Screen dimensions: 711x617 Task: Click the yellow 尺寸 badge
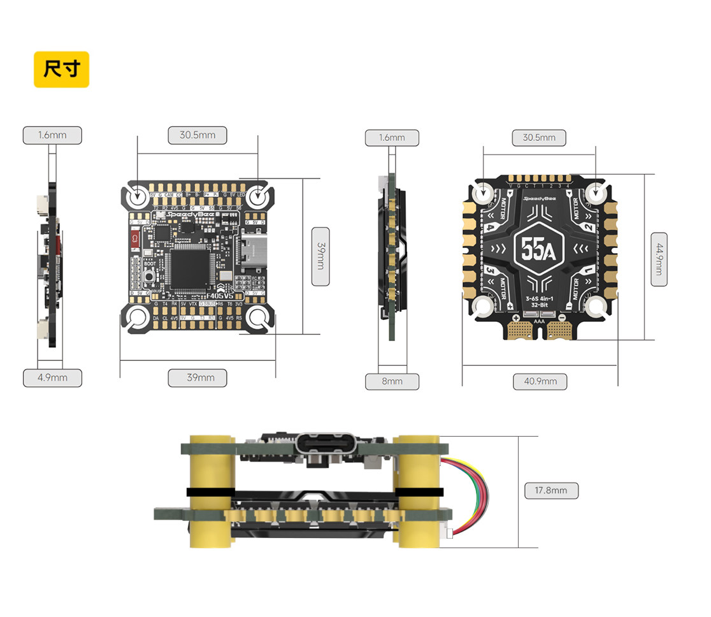(x=61, y=69)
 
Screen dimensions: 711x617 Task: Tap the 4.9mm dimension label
(x=53, y=377)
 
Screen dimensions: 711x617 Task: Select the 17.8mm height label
(x=551, y=490)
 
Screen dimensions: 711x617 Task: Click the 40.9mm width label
(x=540, y=381)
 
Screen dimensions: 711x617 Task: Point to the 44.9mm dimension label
(x=659, y=259)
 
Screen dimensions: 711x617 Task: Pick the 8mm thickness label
(x=392, y=381)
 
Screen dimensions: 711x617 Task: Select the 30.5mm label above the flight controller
(x=197, y=135)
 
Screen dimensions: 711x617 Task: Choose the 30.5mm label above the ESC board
(x=539, y=137)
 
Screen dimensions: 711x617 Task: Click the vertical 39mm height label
(x=320, y=256)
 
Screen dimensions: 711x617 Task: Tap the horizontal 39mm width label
(x=200, y=377)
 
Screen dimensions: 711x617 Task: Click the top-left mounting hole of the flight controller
(x=138, y=196)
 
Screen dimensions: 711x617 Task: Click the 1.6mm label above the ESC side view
(x=392, y=137)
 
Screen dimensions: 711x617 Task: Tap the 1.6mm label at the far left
(x=53, y=135)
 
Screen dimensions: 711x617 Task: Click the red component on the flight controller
(x=134, y=240)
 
